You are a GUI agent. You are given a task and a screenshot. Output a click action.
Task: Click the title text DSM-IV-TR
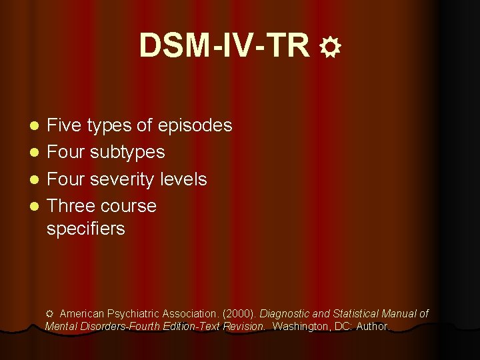click(x=225, y=45)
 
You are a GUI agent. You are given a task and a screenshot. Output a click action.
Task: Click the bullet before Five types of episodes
click(x=36, y=125)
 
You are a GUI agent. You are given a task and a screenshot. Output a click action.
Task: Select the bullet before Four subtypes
click(x=36, y=153)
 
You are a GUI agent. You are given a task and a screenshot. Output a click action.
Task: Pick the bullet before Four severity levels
click(x=36, y=180)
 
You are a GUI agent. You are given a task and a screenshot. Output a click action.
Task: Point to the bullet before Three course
click(x=36, y=207)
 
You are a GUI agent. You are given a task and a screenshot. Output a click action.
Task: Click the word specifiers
click(x=85, y=229)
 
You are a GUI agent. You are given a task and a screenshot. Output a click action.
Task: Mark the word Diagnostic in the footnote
click(x=284, y=313)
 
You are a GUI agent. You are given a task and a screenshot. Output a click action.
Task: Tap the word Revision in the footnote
click(x=245, y=327)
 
